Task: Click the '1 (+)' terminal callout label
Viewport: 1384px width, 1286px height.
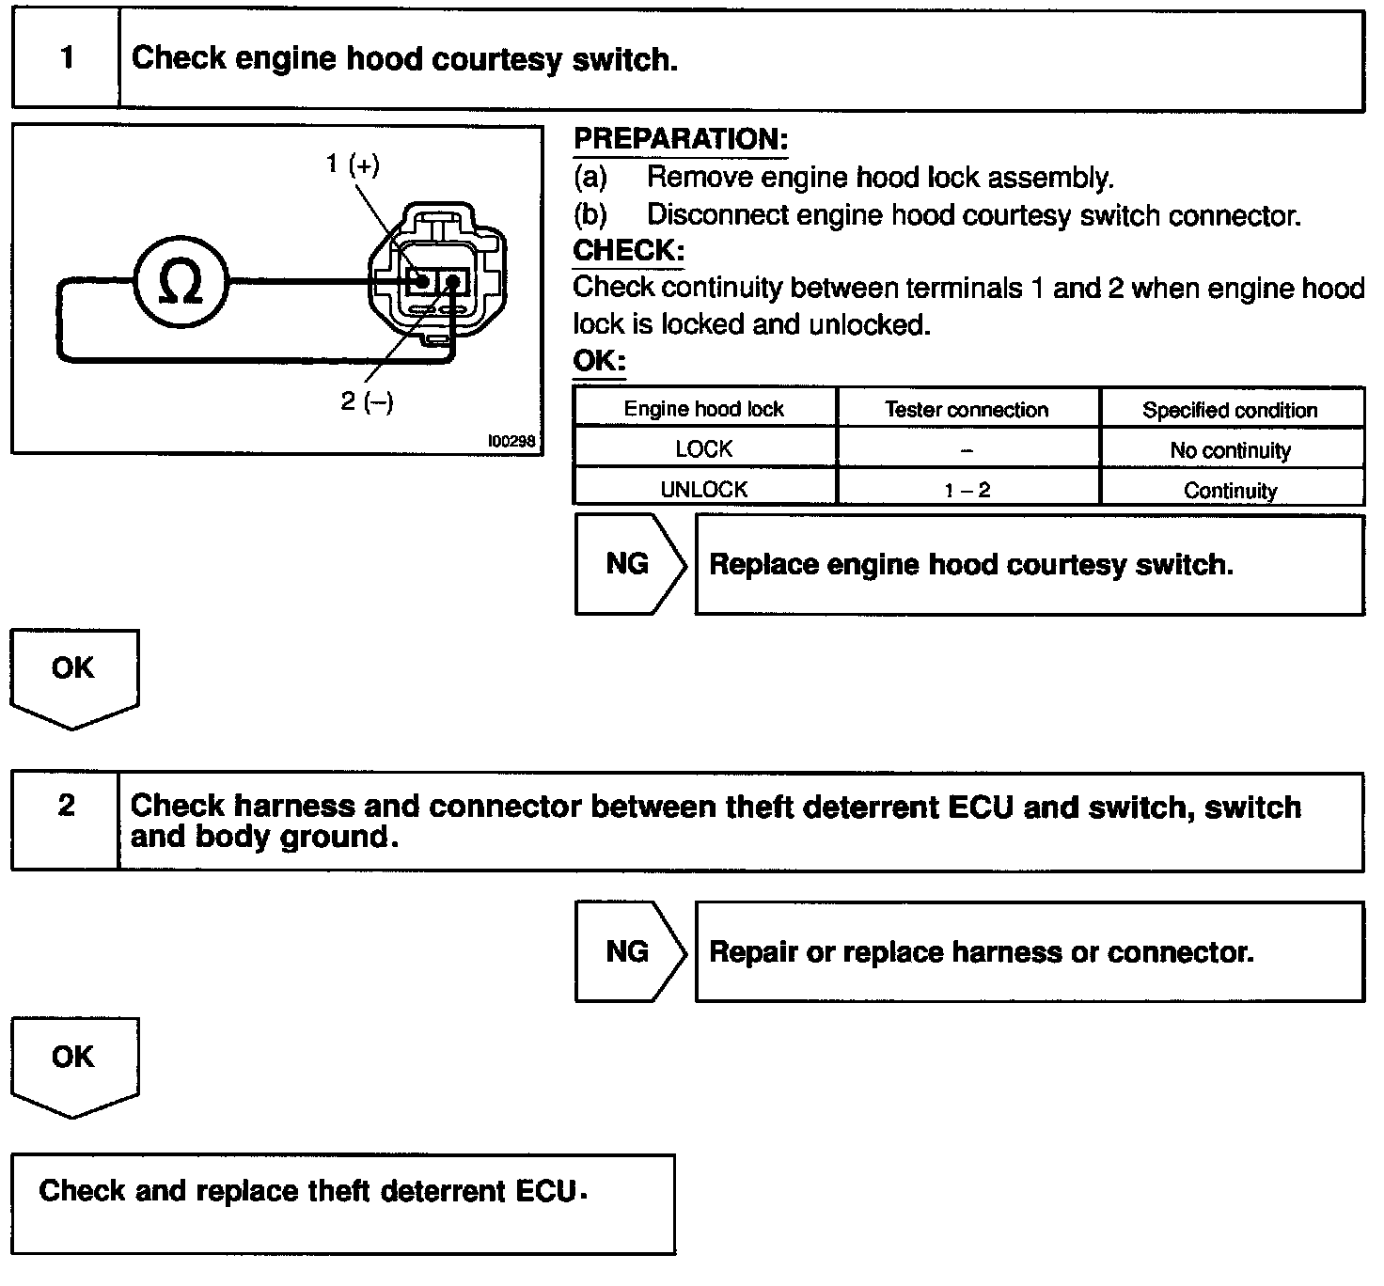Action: (x=354, y=165)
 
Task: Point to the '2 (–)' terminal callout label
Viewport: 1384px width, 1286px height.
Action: (x=367, y=402)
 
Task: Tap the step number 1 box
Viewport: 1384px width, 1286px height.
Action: (x=66, y=59)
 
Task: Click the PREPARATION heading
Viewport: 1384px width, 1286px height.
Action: (x=681, y=140)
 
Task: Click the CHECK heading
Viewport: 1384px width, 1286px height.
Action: (x=628, y=251)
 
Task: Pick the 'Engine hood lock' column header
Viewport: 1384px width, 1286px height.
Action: (x=703, y=409)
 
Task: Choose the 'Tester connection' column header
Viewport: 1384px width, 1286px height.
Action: (x=967, y=409)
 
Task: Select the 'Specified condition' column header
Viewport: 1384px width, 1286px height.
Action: (x=1230, y=410)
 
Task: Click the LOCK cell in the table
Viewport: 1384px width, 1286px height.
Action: (x=703, y=449)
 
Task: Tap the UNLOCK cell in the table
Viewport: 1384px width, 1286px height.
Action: (x=703, y=490)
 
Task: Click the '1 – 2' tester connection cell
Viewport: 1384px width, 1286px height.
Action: (x=967, y=490)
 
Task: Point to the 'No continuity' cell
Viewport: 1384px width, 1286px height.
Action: (x=1230, y=450)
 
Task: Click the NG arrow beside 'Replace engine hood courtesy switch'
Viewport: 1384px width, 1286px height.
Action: (x=628, y=564)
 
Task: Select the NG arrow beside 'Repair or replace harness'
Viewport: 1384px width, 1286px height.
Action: (x=628, y=951)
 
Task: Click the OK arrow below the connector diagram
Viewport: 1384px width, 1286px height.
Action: (x=73, y=675)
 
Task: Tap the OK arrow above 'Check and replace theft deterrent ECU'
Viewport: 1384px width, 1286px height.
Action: (x=73, y=1062)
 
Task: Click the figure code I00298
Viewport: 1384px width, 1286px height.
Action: (x=511, y=441)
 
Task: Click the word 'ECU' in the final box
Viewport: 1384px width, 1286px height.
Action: (x=545, y=1191)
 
